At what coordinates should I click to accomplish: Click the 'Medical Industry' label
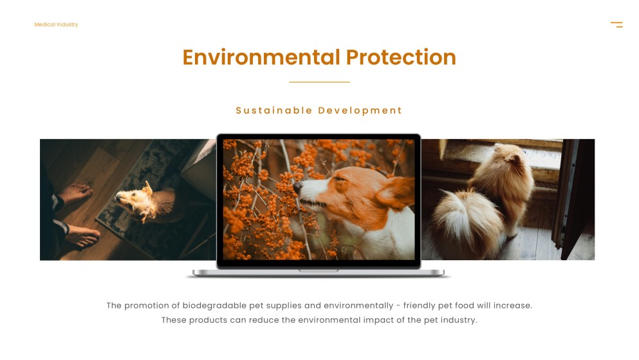tap(56, 24)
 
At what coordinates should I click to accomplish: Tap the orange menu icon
tap(616, 24)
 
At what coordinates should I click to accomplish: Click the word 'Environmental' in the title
tap(261, 57)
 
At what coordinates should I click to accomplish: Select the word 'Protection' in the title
tap(401, 57)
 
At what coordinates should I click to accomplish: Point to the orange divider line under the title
tap(319, 82)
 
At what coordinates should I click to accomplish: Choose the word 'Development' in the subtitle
tap(360, 110)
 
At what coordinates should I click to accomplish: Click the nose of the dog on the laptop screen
tap(298, 185)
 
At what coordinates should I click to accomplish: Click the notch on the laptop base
tap(319, 270)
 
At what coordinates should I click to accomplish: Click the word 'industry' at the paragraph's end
tap(457, 320)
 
